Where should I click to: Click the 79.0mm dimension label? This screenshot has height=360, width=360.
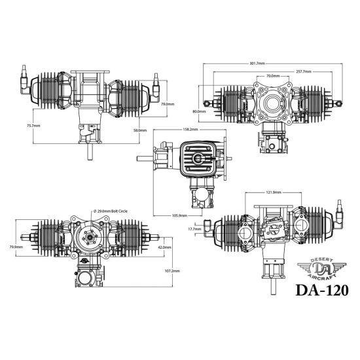click(167, 103)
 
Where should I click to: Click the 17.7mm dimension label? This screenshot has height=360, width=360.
click(194, 229)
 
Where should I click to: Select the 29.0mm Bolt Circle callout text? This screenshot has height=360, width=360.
click(115, 211)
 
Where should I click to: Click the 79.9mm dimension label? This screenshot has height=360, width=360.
click(16, 247)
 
